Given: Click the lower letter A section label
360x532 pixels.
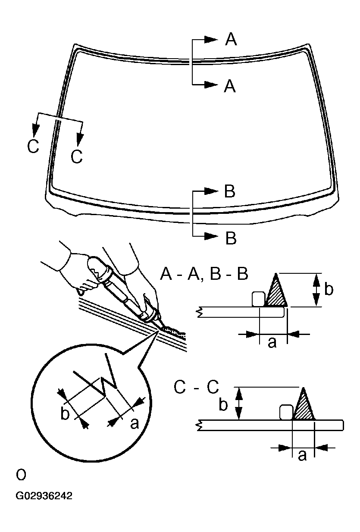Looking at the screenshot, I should click(x=230, y=86).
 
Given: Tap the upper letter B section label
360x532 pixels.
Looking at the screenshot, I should click(x=230, y=191).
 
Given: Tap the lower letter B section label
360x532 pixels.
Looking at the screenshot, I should click(x=231, y=238).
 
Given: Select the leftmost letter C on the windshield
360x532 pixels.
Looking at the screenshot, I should click(x=33, y=147).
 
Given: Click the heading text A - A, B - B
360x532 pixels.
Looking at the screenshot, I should click(x=204, y=274).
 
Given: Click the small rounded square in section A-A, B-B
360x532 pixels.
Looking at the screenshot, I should click(x=258, y=299).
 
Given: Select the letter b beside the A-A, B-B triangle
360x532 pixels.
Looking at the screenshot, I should click(x=329, y=289).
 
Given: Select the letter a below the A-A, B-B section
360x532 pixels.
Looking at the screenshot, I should click(x=272, y=343).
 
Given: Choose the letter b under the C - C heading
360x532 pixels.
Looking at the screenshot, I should click(x=223, y=405).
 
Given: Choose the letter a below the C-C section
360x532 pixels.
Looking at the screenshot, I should click(x=303, y=455).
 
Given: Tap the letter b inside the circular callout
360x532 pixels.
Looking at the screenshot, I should click(x=65, y=413).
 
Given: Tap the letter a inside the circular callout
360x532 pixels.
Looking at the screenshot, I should click(x=135, y=424).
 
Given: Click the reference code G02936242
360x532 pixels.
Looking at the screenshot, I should click(x=44, y=496).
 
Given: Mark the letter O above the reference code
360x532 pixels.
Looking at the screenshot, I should click(x=21, y=475).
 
